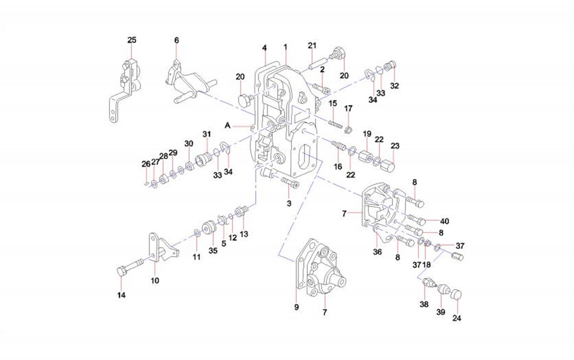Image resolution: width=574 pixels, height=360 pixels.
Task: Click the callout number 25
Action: [132, 40]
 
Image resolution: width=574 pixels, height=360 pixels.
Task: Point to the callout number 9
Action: [296, 308]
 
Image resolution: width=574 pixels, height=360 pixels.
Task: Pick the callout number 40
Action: [444, 221]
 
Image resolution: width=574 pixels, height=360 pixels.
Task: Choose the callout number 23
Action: [395, 146]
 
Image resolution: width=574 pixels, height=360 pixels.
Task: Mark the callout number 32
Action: [394, 86]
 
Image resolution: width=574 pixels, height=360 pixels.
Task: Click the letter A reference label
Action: [227, 125]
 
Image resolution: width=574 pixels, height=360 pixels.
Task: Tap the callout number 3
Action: [288, 203]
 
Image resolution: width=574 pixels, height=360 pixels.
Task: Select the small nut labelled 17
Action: [347, 130]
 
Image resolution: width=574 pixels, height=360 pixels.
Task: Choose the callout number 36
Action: [377, 252]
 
